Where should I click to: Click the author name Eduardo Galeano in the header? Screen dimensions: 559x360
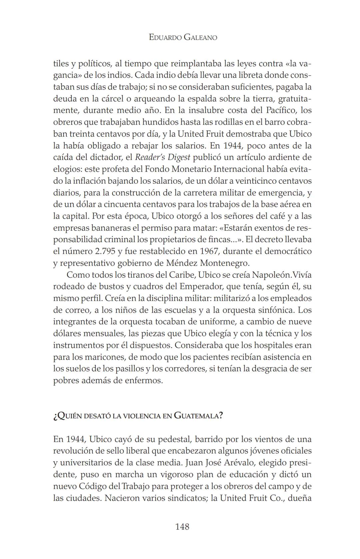183,37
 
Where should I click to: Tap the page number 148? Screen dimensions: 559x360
182,526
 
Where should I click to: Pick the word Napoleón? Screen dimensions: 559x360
272,275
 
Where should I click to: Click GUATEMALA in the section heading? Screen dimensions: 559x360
198,416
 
